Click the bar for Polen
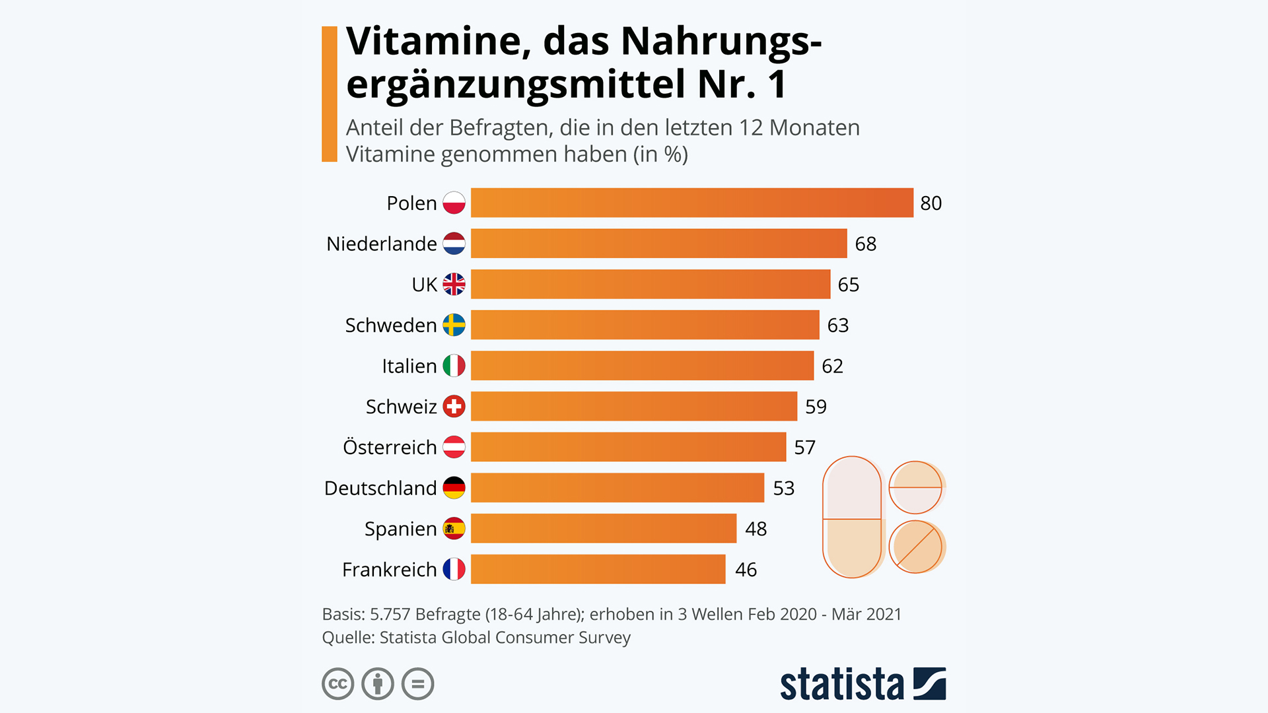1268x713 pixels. tap(691, 203)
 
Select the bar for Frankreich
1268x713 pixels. tap(598, 569)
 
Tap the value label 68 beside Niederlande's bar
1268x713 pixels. tap(865, 244)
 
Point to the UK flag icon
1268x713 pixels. tap(454, 285)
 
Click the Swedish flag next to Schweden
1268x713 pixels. tap(454, 325)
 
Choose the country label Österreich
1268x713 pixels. tap(390, 448)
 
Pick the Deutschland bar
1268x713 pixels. tap(617, 488)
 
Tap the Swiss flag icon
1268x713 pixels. tap(454, 407)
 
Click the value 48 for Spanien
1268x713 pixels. tap(756, 529)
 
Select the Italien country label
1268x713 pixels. tap(409, 366)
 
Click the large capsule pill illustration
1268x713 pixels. tap(852, 517)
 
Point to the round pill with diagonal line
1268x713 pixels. tap(915, 547)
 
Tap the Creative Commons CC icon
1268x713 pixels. tap(338, 684)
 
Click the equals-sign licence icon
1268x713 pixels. tap(417, 684)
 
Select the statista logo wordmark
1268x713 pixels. tap(841, 685)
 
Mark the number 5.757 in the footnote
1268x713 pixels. tap(390, 615)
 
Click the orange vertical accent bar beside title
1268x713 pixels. tap(329, 94)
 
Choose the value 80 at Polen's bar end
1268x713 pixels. tap(931, 203)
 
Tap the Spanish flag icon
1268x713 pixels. tap(454, 529)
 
